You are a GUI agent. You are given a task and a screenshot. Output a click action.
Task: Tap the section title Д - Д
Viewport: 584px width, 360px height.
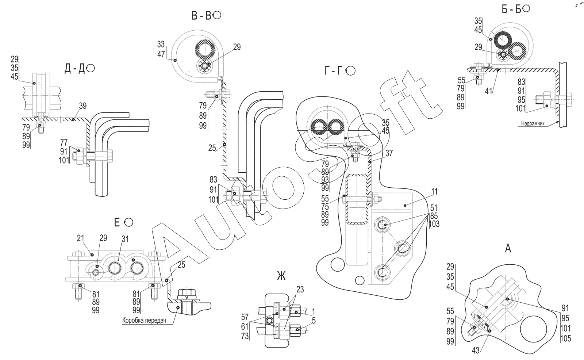74,69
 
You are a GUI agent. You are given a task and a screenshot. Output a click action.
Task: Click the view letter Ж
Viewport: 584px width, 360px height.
281,276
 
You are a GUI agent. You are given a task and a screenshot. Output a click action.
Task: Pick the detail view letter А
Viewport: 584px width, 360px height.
508,249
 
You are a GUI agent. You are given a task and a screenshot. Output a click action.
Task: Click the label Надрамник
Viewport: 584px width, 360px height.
533,123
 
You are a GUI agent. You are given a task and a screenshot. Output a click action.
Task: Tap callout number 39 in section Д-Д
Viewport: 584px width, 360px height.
82,106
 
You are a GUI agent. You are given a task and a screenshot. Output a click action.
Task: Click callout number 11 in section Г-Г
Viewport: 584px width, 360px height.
434,192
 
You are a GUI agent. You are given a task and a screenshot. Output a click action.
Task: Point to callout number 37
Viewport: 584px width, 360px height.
389,153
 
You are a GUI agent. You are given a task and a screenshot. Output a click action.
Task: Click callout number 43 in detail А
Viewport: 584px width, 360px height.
476,351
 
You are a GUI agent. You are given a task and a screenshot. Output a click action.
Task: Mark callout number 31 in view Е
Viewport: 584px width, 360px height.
125,239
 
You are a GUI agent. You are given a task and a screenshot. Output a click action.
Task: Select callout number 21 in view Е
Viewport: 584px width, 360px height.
81,238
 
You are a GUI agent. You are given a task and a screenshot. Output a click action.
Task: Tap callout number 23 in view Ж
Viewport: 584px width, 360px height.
300,290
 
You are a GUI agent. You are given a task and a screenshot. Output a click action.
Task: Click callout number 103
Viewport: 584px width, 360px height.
434,224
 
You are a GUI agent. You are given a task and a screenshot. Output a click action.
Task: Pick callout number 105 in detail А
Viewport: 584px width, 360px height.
565,338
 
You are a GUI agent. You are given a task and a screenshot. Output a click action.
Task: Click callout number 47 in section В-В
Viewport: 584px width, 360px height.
161,54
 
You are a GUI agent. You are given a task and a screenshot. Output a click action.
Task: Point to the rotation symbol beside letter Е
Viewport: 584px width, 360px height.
128,222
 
